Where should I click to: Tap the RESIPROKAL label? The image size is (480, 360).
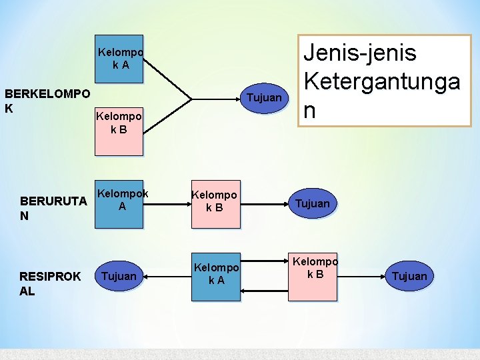click(x=50, y=283)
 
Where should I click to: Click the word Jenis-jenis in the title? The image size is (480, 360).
click(x=360, y=53)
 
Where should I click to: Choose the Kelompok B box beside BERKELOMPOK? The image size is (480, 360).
click(x=119, y=129)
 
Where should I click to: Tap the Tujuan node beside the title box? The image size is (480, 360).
click(x=264, y=98)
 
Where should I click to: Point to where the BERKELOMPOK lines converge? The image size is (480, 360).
click(x=192, y=99)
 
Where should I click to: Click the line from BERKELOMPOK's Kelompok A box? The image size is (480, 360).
click(x=167, y=79)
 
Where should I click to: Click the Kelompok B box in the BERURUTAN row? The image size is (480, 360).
click(x=215, y=203)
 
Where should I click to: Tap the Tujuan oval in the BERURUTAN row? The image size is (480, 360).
click(x=313, y=203)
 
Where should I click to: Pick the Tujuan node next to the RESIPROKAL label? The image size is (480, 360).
click(x=120, y=276)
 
